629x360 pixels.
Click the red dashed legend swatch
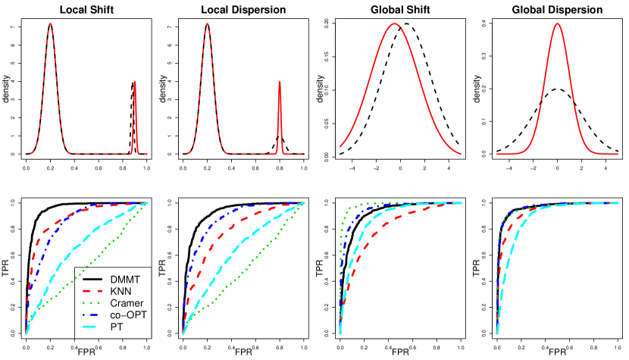point(92,290)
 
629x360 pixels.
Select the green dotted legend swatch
point(92,302)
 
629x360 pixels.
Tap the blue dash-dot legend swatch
point(92,315)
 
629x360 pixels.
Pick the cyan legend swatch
point(92,327)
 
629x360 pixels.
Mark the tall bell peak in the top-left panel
point(50,23)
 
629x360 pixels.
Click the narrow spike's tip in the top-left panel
point(135,81)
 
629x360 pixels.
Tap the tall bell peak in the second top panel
point(206,23)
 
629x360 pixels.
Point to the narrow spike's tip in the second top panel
point(280,81)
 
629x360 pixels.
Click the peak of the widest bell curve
point(394,23)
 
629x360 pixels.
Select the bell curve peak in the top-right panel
point(558,23)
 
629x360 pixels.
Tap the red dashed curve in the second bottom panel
point(227,227)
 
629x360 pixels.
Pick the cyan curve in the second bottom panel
point(227,257)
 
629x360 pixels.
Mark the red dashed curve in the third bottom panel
point(379,228)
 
